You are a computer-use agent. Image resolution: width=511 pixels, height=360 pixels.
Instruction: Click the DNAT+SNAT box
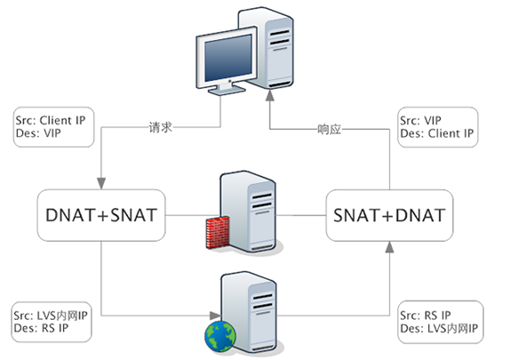[101, 215]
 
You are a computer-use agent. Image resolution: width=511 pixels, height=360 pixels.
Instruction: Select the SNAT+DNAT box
[389, 215]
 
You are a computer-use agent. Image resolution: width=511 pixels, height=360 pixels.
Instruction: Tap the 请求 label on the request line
[160, 127]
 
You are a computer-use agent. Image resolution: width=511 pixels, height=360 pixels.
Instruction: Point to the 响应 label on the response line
[329, 130]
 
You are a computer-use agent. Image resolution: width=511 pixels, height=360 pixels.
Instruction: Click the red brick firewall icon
[218, 232]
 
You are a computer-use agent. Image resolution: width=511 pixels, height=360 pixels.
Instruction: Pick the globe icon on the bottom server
[220, 336]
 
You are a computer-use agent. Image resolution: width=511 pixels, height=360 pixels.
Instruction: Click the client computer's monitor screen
[228, 58]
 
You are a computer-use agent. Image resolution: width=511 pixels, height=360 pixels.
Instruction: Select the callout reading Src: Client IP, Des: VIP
[54, 127]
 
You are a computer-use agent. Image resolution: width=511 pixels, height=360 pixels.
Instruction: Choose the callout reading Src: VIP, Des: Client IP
[438, 127]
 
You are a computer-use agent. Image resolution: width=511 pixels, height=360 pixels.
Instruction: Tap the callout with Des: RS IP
[52, 322]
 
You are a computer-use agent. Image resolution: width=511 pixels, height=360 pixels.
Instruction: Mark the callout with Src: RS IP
[441, 322]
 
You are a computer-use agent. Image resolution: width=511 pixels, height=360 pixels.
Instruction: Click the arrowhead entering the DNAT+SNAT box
[101, 184]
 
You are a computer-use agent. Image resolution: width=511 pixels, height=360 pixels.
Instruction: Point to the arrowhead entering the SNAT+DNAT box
[389, 247]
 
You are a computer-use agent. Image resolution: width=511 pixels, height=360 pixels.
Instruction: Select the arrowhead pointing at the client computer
[269, 95]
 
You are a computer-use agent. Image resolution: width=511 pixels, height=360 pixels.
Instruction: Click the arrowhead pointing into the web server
[215, 316]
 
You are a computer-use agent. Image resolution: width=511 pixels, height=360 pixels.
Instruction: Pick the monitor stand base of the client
[227, 91]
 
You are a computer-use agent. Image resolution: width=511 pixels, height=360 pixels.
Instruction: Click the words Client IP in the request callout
[62, 120]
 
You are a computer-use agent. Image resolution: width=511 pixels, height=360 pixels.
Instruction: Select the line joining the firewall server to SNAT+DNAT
[300, 215]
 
